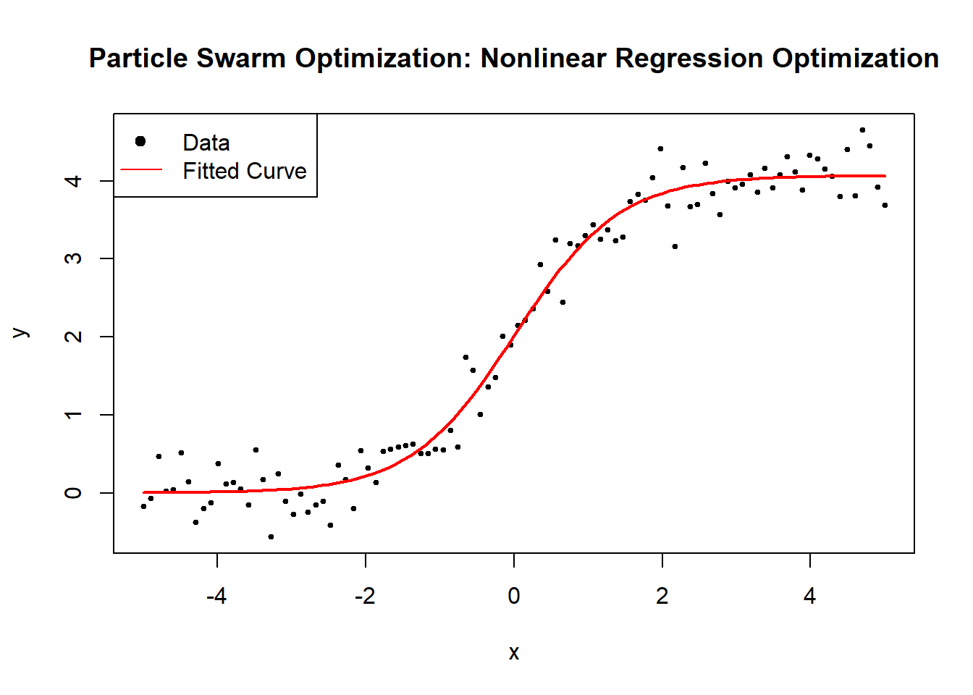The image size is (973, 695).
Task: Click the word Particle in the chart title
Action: tap(135, 58)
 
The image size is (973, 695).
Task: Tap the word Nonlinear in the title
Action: tap(543, 58)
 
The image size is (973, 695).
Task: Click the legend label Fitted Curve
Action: tap(244, 171)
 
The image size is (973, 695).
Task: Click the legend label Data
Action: tap(206, 143)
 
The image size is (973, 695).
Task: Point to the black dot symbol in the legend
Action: tap(140, 141)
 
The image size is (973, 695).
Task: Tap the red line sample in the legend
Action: tap(141, 170)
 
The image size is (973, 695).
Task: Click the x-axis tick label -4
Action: tap(216, 596)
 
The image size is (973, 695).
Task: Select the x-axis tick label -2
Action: tap(365, 596)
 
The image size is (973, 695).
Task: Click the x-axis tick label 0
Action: tap(513, 596)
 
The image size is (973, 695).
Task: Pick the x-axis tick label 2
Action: tap(662, 596)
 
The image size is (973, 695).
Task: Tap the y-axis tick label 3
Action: tap(74, 258)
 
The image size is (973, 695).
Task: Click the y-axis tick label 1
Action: tap(74, 415)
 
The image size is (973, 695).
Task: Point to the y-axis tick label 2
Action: tap(74, 337)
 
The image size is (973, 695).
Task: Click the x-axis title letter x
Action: tap(513, 653)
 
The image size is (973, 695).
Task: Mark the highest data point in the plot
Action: tap(862, 130)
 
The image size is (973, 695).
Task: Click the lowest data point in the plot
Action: tap(271, 536)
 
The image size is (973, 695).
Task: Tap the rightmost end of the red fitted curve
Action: tap(885, 176)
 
